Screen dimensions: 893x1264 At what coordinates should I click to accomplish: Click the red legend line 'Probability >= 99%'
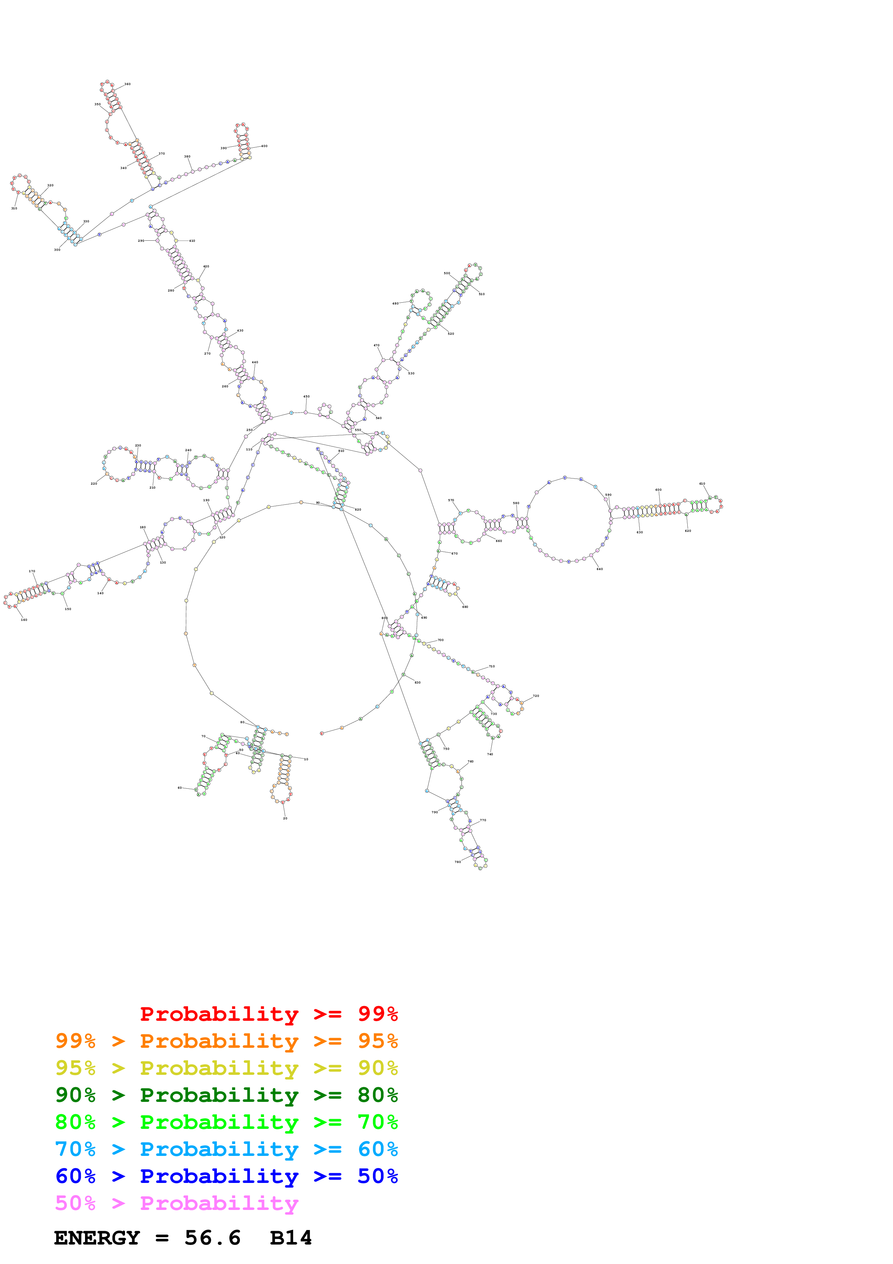268,1014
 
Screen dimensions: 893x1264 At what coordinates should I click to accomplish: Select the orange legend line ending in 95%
226,1041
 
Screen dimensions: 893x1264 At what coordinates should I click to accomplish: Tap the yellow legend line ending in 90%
226,1068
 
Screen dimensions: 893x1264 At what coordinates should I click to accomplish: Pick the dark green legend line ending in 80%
226,1095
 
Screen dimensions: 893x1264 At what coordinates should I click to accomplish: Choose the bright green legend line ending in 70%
226,1122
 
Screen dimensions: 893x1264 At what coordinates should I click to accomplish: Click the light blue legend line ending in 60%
226,1149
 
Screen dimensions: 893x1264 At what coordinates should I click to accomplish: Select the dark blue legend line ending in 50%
226,1176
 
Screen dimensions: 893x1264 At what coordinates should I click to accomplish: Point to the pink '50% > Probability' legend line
177,1203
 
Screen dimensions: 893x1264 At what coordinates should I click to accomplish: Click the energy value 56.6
213,1238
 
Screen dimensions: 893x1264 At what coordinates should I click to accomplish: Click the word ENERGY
97,1238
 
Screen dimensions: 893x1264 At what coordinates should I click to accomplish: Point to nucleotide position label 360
127,84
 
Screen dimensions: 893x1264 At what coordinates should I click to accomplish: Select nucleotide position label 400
264,146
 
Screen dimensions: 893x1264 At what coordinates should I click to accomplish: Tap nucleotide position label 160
24,620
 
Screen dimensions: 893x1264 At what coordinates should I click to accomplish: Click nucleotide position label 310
14,209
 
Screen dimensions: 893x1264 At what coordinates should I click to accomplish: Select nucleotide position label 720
536,696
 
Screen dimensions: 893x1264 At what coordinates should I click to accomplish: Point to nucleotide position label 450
307,396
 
